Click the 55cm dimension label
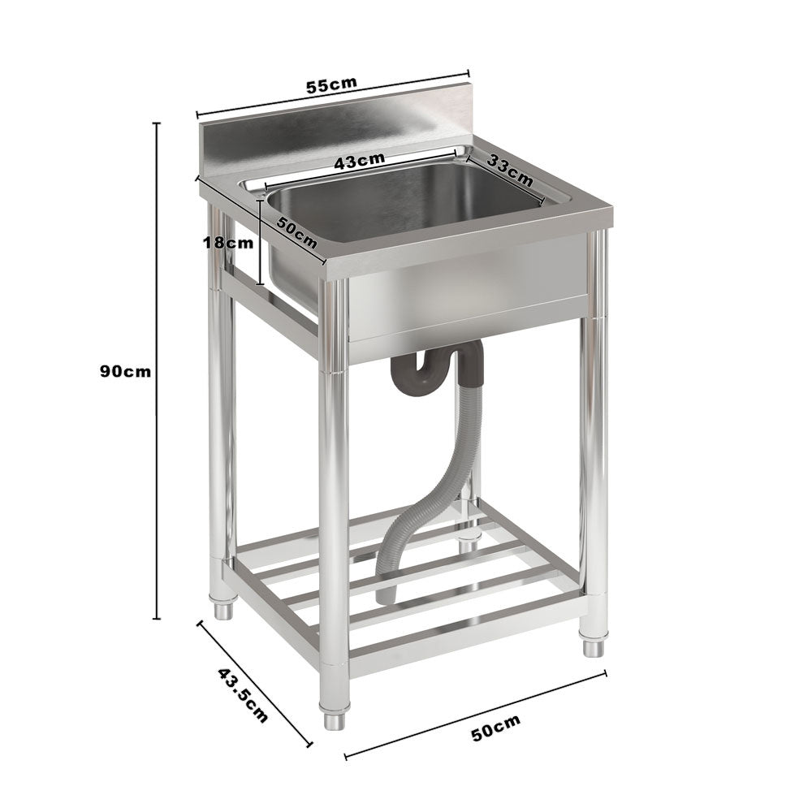tap(330, 84)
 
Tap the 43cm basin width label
tap(360, 160)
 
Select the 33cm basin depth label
tap(510, 171)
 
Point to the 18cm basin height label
tap(229, 241)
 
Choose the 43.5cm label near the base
tap(242, 695)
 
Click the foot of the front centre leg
tap(333, 719)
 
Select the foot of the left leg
tap(223, 609)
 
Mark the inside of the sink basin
tap(406, 203)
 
